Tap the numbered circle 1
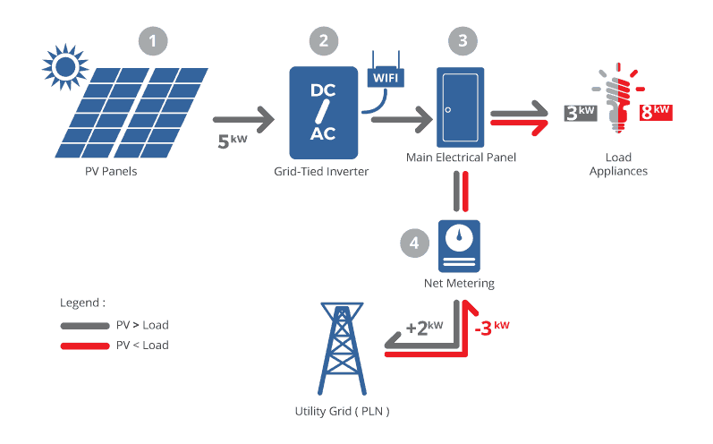pos(154,40)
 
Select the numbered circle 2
pos(324,40)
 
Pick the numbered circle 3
pos(462,40)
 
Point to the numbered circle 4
pos(413,243)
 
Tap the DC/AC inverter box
pos(323,113)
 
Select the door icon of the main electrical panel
pos(460,107)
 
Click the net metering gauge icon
pos(459,245)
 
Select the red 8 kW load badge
pos(655,113)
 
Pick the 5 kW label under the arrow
pos(233,140)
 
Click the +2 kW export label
pos(424,327)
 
